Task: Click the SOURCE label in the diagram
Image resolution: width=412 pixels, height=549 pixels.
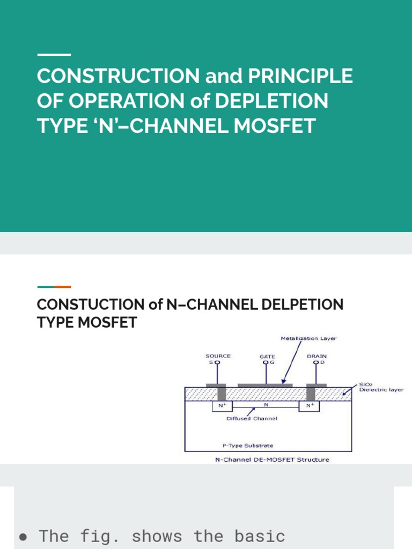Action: click(218, 355)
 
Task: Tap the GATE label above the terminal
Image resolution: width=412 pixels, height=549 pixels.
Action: click(267, 356)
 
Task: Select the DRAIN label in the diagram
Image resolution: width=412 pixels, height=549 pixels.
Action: click(317, 355)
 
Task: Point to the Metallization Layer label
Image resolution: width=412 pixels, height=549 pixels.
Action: click(309, 338)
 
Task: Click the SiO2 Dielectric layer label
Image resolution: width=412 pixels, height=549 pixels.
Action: click(381, 387)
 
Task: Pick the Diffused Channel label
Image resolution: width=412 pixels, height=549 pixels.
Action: click(252, 418)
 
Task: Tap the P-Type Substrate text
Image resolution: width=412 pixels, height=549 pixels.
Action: click(248, 445)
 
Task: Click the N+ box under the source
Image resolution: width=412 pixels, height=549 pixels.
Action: click(220, 406)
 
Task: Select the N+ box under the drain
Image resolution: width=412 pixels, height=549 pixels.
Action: click(311, 406)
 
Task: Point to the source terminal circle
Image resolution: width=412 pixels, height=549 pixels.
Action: click(217, 362)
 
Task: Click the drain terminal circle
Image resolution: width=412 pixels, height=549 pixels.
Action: click(316, 362)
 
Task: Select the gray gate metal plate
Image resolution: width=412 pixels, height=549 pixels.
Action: click(265, 385)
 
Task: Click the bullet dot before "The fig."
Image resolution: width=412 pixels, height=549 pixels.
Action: click(23, 536)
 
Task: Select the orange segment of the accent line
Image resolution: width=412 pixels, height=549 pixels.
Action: click(62, 287)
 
